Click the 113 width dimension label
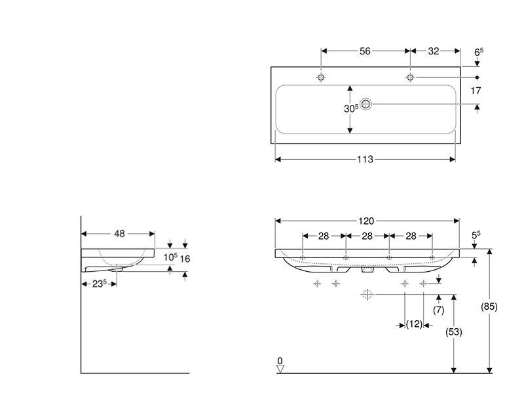coord(365,159)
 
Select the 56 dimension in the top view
coord(365,51)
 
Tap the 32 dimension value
coord(434,51)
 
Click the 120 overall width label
coord(366,221)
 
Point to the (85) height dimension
coord(489,307)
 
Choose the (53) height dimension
coord(454,332)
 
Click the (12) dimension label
coord(414,324)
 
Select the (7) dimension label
coord(438,310)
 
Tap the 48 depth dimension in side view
coord(119,234)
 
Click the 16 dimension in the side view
coord(185,259)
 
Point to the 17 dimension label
coord(476,90)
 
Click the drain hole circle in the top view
coord(366,104)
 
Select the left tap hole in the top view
coord(321,77)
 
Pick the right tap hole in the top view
coord(410,77)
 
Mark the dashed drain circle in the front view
coord(367,295)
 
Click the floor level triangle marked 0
coord(280,369)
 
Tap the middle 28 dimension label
coord(367,236)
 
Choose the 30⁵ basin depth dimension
coord(351,108)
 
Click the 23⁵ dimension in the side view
coord(100,284)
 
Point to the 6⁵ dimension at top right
coord(479,52)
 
